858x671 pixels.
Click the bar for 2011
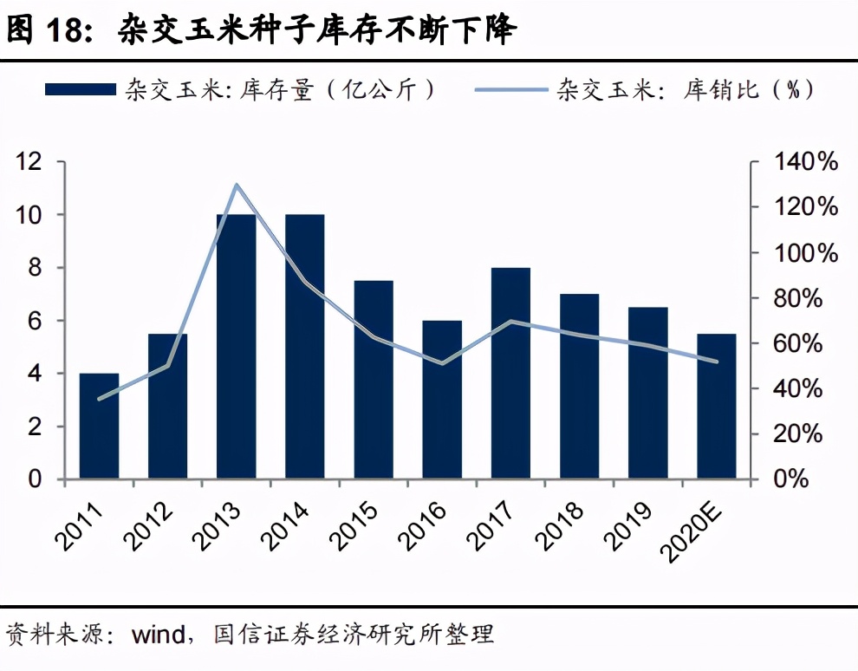(99, 426)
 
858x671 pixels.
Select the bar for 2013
(237, 347)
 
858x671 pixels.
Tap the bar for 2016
(442, 400)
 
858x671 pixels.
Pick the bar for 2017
(510, 373)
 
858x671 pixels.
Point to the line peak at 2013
(237, 185)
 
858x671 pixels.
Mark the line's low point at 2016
(442, 363)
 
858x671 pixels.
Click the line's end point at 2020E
(717, 362)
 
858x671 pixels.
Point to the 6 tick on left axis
(35, 321)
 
